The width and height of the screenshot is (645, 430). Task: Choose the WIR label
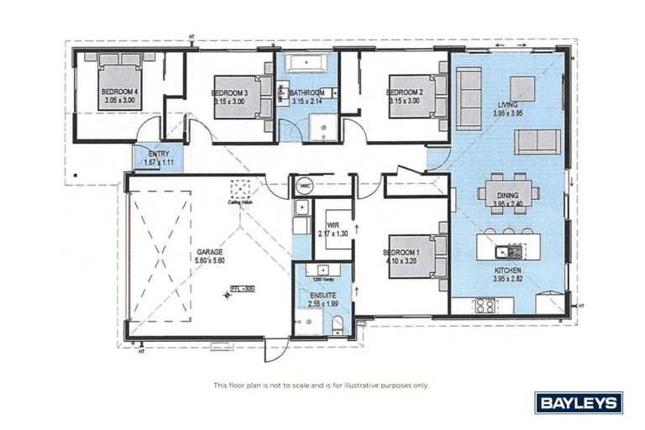[x=333, y=223]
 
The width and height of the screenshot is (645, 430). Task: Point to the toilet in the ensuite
[x=335, y=325]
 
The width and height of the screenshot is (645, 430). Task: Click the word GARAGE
[x=210, y=251]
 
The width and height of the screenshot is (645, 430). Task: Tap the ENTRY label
[x=159, y=154]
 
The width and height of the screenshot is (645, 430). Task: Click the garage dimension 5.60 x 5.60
[x=210, y=260]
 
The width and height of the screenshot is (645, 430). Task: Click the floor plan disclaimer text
[x=322, y=385]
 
